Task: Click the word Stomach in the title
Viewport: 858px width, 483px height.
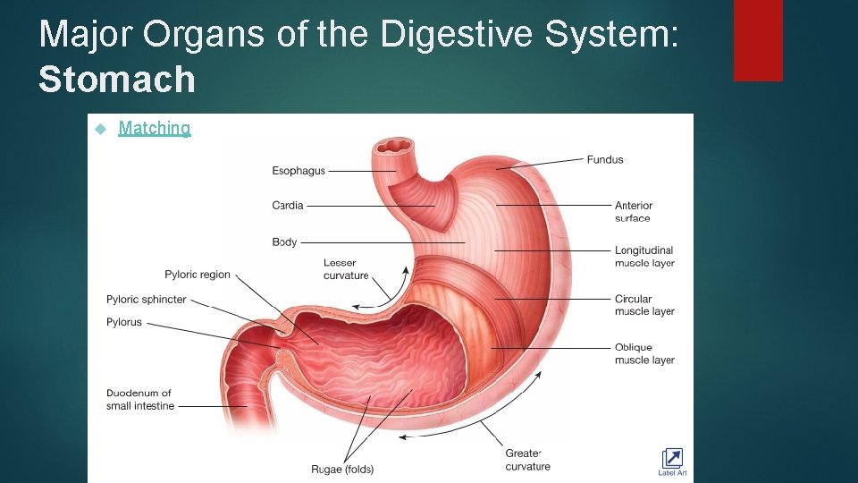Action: (117, 80)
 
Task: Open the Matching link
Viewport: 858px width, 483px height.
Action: (155, 128)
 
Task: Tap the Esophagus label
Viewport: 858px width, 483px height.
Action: (299, 171)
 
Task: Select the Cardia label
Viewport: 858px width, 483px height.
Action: (288, 206)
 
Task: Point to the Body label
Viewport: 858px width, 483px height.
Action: (284, 242)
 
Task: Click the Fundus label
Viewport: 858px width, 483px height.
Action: (605, 160)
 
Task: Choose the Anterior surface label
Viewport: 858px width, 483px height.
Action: (634, 212)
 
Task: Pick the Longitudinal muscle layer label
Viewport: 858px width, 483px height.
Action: (643, 257)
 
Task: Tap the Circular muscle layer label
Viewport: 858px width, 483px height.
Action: (643, 305)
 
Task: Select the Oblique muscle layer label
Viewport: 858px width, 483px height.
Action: (643, 353)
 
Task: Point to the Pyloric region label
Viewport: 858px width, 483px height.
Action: (198, 275)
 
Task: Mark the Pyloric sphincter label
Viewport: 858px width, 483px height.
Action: (147, 300)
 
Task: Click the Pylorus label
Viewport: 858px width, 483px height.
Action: (124, 322)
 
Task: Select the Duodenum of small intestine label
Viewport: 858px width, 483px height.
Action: (140, 400)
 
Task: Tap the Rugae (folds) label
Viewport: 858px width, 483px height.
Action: (341, 470)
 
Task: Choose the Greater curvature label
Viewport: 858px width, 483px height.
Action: (528, 460)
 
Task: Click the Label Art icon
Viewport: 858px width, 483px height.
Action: (672, 461)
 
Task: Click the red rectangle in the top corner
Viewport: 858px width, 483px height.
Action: (758, 40)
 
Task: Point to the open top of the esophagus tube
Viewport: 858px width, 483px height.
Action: (395, 145)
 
